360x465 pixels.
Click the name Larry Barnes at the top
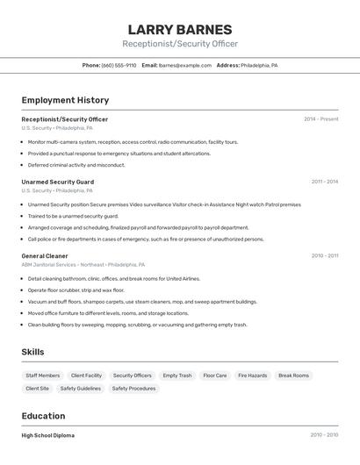(x=180, y=29)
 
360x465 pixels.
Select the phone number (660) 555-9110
(x=119, y=65)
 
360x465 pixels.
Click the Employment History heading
(x=65, y=100)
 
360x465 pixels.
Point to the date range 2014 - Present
(x=321, y=119)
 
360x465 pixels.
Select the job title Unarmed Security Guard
(x=57, y=182)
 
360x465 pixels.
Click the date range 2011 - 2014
(x=325, y=182)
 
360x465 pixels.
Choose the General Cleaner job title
(x=45, y=256)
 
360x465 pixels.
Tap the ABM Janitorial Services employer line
(x=83, y=264)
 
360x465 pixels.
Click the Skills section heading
(x=33, y=352)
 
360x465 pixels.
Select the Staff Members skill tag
(x=43, y=376)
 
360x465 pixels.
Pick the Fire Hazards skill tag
(x=253, y=376)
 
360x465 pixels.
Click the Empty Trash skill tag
(x=177, y=376)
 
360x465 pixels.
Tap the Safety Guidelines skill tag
(x=80, y=388)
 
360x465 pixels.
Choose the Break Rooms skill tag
(x=294, y=376)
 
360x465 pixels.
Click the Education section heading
(x=43, y=416)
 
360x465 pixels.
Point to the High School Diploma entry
(x=47, y=435)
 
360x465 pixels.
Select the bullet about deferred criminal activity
(x=76, y=165)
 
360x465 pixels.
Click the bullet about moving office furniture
(x=108, y=313)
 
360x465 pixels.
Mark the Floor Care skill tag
(x=215, y=376)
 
